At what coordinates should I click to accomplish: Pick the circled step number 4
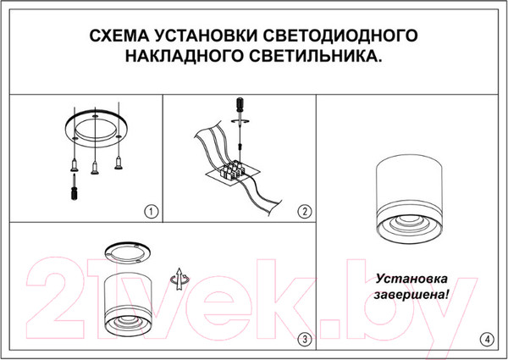coord(485,339)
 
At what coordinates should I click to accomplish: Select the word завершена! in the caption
coord(413,296)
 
